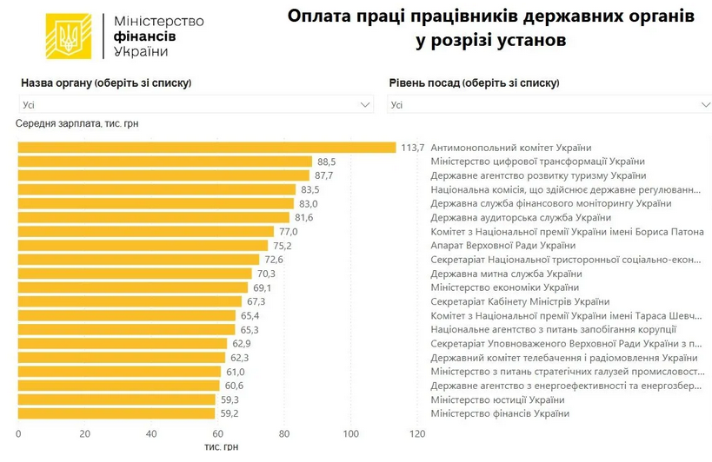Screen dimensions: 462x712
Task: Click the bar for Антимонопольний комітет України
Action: coord(207,148)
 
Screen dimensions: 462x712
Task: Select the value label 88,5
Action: coord(327,162)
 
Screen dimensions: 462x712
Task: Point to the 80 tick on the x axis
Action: coord(284,433)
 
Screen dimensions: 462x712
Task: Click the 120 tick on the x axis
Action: coord(417,433)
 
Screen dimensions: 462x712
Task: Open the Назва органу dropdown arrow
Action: coord(366,105)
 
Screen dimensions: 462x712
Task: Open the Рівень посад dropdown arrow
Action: coord(704,105)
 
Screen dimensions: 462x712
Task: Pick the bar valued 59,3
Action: coord(116,399)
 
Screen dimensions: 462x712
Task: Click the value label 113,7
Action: coord(412,148)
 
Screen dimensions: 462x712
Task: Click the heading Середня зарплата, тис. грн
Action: coord(77,123)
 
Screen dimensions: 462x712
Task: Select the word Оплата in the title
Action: coord(320,16)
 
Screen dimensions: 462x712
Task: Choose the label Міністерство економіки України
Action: coord(504,287)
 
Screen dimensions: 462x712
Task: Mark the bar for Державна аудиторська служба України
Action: coord(154,217)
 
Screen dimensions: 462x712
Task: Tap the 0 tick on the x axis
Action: coord(18,433)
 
